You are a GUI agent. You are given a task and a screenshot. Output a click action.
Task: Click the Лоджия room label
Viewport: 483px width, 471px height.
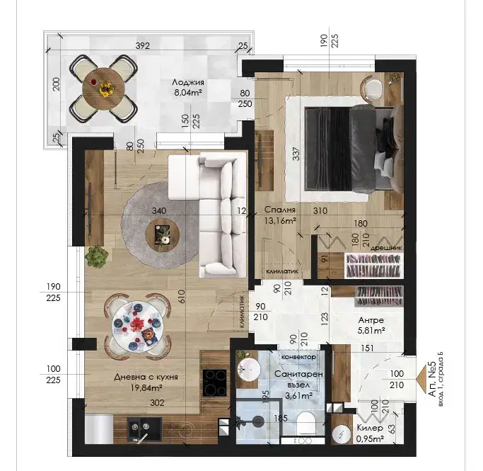click(188, 83)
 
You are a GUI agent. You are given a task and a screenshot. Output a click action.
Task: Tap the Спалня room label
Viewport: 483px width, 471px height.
click(280, 210)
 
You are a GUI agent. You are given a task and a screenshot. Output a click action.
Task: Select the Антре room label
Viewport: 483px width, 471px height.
click(371, 320)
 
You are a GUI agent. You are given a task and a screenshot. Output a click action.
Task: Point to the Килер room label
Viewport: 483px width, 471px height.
click(370, 428)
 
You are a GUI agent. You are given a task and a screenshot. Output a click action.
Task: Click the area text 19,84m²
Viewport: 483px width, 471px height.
click(146, 387)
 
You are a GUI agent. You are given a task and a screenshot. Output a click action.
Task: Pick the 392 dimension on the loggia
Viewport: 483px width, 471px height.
click(143, 45)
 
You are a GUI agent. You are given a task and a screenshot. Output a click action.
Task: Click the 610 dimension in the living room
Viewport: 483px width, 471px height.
click(182, 297)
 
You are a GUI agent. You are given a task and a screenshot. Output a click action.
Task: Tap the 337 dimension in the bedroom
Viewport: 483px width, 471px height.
click(296, 154)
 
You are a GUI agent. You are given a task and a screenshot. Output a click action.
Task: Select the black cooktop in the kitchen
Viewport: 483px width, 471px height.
click(215, 382)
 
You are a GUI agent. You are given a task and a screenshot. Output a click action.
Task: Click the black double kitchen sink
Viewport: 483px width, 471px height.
click(145, 428)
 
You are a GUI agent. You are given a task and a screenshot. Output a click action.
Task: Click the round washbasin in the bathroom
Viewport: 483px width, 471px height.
click(249, 368)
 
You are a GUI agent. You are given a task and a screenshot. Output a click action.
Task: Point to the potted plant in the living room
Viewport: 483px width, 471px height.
click(97, 256)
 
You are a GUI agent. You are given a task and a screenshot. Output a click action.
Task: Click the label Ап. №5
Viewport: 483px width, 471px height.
click(433, 379)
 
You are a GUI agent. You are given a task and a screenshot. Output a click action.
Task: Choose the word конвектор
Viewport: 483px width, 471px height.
click(298, 357)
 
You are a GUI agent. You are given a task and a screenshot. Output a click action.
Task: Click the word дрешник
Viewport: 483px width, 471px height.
click(386, 248)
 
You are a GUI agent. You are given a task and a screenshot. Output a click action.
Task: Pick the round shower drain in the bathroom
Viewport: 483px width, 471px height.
click(258, 421)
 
